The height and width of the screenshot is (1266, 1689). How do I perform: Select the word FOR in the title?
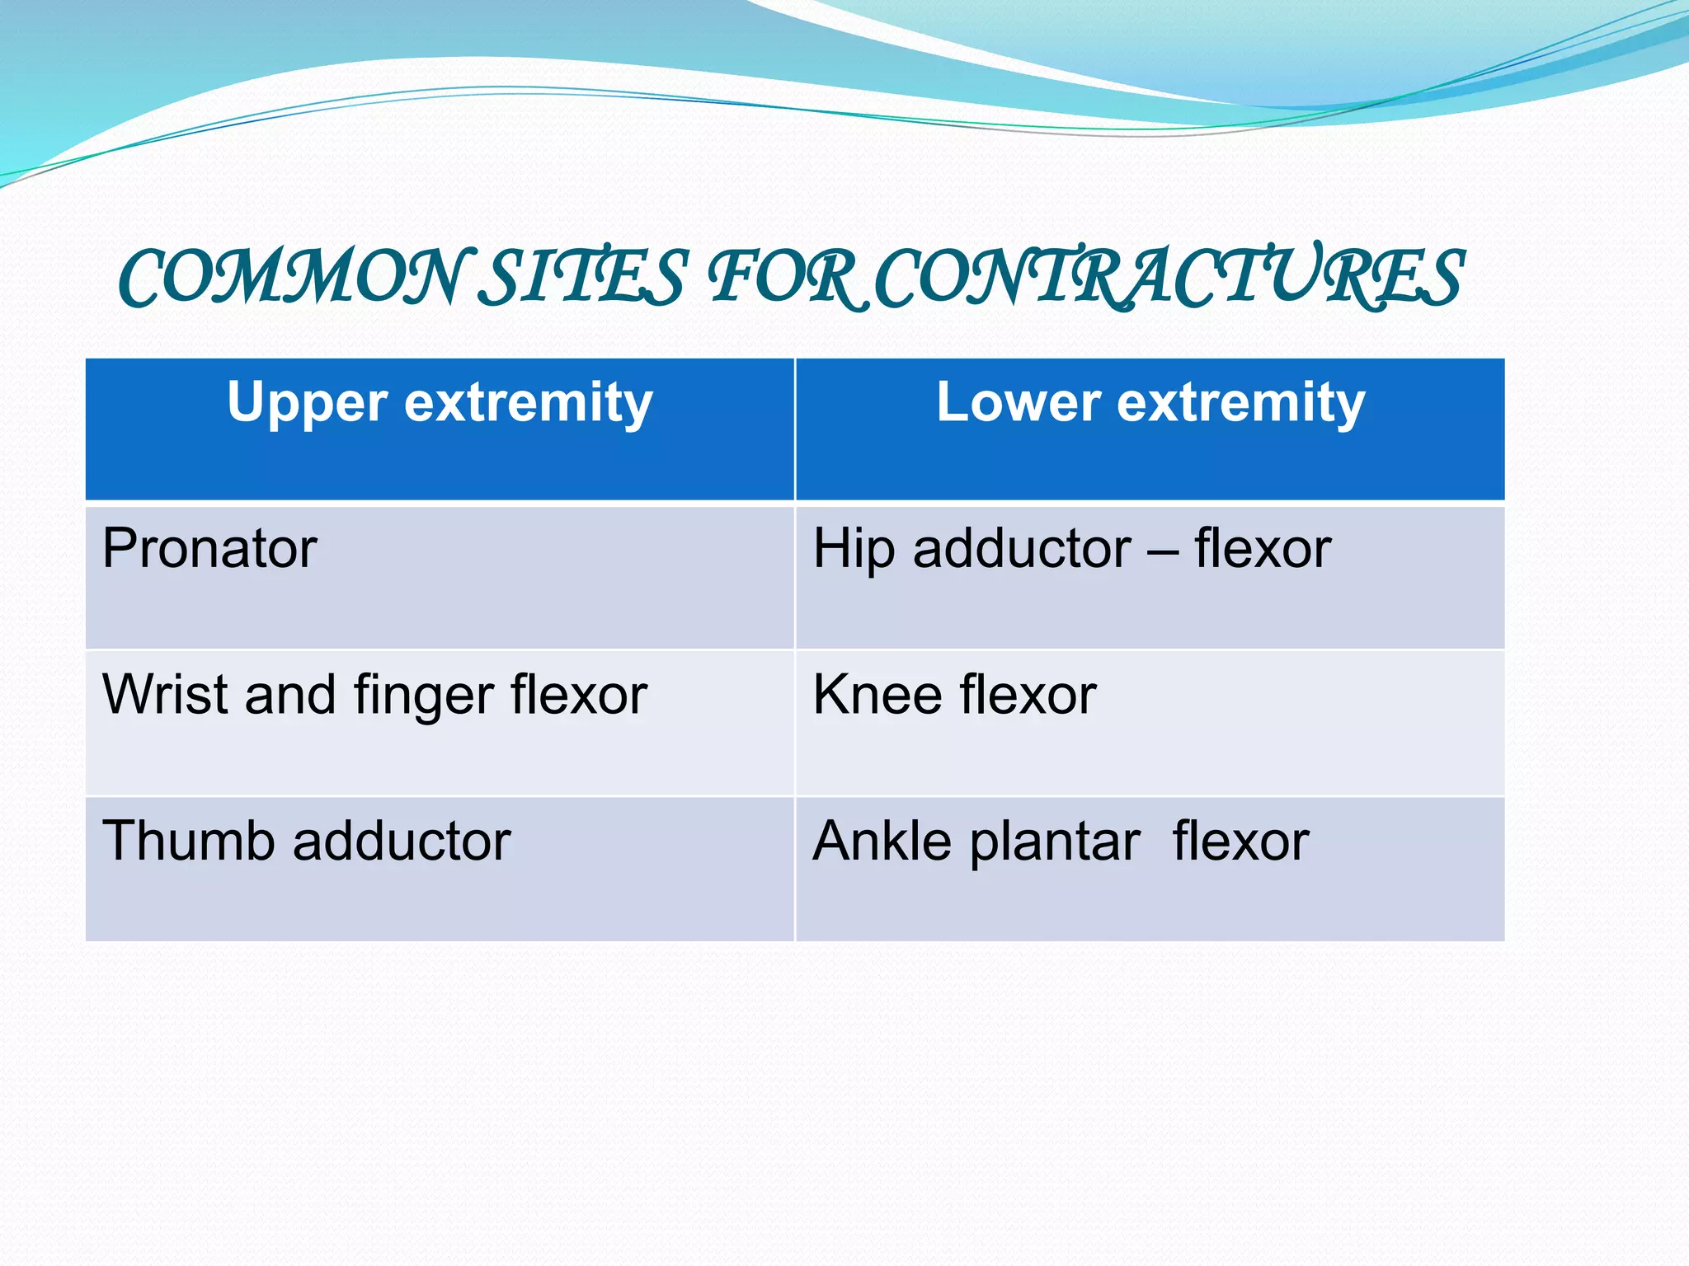(788, 278)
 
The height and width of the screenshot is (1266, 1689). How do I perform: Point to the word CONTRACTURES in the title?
(1168, 278)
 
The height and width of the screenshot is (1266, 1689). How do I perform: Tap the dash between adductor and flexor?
(1163, 551)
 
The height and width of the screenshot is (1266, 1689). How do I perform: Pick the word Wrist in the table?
(164, 694)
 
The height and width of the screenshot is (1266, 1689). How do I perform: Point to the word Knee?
(877, 694)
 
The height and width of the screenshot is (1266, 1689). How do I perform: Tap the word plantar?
(1055, 842)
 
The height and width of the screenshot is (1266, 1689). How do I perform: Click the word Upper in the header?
(307, 403)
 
